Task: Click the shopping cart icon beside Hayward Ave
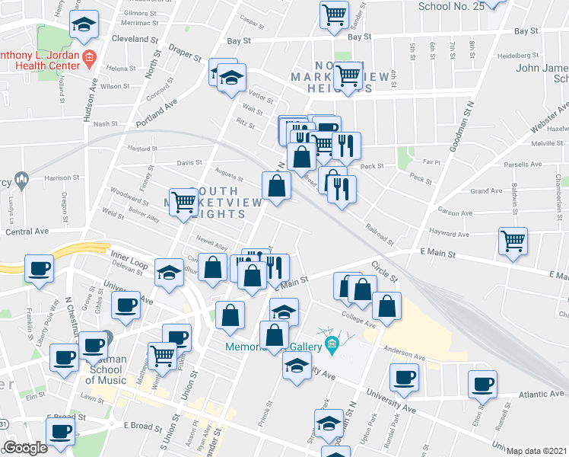pyautogui.click(x=513, y=240)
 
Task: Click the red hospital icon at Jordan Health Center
pyautogui.click(x=89, y=56)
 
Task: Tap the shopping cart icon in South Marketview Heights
pyautogui.click(x=183, y=202)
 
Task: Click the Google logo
pyautogui.click(x=25, y=448)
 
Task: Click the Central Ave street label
pyautogui.click(x=27, y=231)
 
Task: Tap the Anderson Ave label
pyautogui.click(x=403, y=355)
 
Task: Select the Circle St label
pyautogui.click(x=384, y=273)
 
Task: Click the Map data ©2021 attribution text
pyautogui.click(x=537, y=451)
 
